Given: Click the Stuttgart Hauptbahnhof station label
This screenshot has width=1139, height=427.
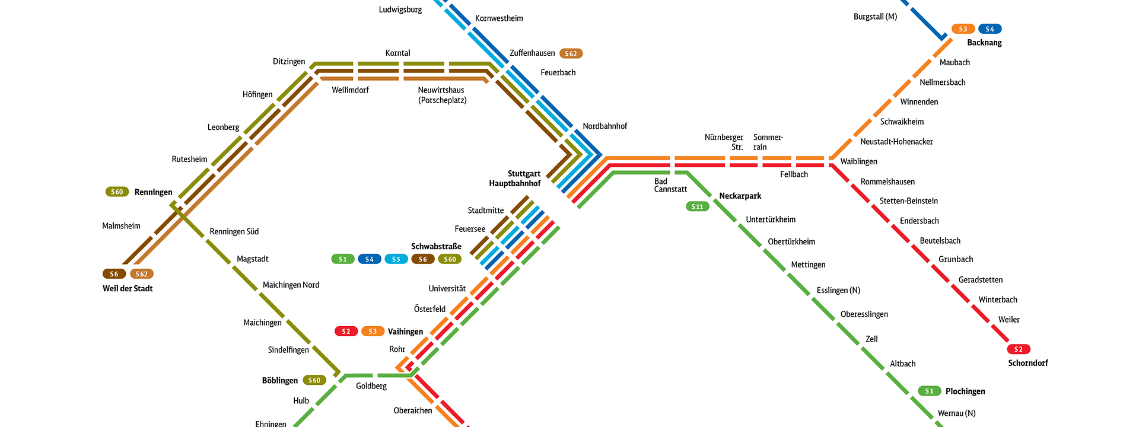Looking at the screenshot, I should click(514, 179).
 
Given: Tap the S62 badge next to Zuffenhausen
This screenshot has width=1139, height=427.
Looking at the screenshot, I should click(571, 53).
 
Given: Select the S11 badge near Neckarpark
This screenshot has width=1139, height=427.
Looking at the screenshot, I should click(697, 206).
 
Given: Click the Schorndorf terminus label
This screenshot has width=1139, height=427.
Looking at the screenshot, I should click(1027, 363).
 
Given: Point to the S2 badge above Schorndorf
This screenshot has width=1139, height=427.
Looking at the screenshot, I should click(1018, 349).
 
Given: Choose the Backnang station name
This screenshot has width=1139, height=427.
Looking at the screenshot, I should click(984, 43).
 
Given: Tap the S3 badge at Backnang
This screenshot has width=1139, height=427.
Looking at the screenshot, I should click(963, 29).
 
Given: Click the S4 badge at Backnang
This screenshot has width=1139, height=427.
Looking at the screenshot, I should click(990, 29).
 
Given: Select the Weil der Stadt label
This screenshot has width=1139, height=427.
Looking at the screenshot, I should click(128, 289).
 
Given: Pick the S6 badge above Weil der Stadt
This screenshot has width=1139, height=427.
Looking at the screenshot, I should click(114, 274).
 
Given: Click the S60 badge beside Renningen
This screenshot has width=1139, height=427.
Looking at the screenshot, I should click(117, 192).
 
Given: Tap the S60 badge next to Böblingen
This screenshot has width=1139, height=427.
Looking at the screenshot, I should click(314, 380).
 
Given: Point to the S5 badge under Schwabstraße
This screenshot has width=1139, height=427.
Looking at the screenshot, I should click(396, 259).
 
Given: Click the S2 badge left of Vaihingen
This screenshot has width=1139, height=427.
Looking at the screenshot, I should click(346, 332).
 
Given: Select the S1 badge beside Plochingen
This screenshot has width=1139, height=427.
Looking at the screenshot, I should click(929, 391).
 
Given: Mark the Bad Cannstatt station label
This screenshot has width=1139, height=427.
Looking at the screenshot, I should click(670, 186).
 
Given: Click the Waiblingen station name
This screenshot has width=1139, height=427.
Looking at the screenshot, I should click(858, 161).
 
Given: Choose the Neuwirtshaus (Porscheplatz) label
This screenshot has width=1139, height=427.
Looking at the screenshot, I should click(442, 95).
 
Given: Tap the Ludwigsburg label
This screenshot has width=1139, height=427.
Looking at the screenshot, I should click(400, 9).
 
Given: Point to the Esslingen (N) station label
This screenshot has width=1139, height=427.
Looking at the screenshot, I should click(838, 290).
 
